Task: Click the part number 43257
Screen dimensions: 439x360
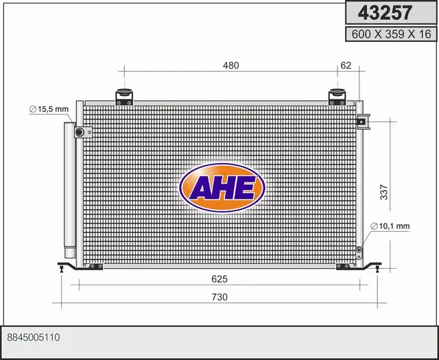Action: (x=385, y=13)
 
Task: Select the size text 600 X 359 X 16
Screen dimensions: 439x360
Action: (x=391, y=34)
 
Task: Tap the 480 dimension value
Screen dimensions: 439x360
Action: (x=230, y=66)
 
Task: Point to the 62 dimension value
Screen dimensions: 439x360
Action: (x=346, y=65)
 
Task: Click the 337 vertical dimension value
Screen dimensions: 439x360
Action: (x=384, y=192)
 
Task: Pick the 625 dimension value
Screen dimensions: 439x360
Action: (x=219, y=279)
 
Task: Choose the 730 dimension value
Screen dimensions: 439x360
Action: (x=219, y=297)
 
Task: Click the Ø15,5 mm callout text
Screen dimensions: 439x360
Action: (x=49, y=109)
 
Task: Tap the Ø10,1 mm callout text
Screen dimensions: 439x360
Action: (x=390, y=226)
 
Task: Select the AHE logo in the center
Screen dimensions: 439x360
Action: (x=222, y=187)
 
